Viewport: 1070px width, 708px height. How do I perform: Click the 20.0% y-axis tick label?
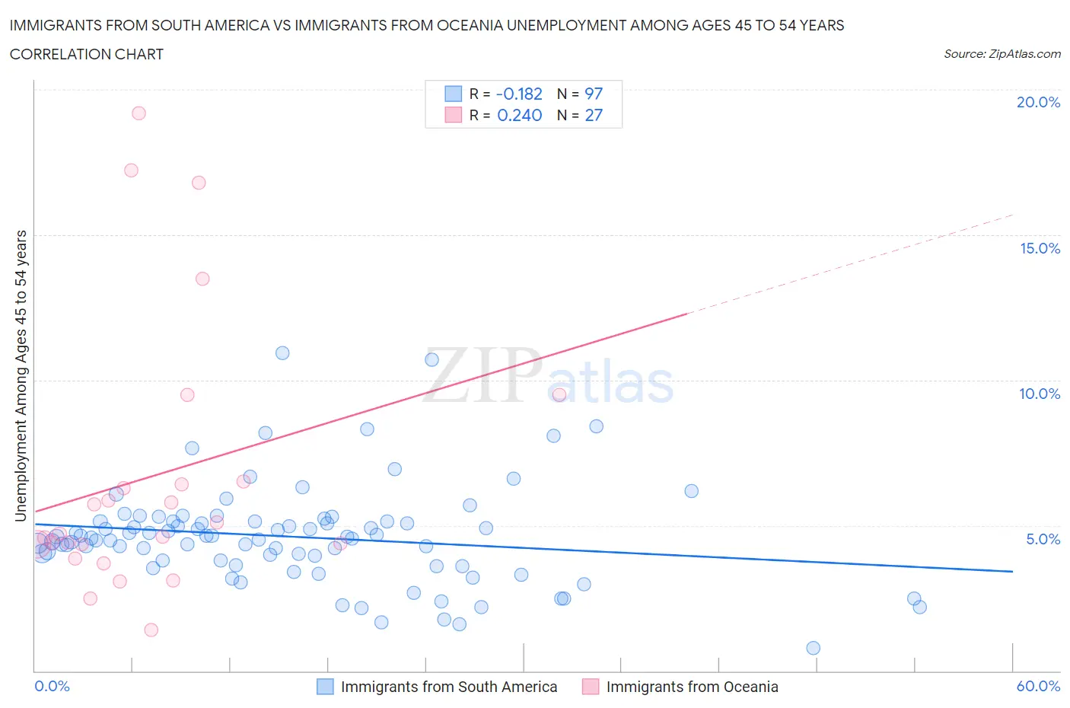(1038, 102)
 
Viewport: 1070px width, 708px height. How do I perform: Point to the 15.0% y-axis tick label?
(1040, 248)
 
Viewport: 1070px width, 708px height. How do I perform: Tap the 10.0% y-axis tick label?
(1040, 394)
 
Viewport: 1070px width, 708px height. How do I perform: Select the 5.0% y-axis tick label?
(1043, 539)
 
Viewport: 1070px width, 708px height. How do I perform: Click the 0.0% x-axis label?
(52, 686)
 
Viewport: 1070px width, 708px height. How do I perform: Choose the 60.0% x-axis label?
(1038, 686)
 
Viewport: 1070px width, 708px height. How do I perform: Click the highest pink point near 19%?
(139, 113)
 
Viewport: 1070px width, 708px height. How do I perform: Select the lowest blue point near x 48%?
(813, 648)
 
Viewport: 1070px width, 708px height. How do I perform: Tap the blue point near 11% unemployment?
(282, 352)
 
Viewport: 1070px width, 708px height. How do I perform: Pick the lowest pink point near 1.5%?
(151, 630)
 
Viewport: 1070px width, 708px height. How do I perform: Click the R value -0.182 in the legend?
(519, 94)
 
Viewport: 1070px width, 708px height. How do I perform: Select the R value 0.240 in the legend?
(519, 115)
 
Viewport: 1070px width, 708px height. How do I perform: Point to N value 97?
(594, 94)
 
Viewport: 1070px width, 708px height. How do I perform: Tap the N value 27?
(594, 115)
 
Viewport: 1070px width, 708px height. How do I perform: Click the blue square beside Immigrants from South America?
(325, 687)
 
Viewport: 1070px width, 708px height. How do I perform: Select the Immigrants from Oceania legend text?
(692, 687)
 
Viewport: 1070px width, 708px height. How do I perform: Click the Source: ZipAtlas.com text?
(1002, 54)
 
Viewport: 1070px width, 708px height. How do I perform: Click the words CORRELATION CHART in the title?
(87, 54)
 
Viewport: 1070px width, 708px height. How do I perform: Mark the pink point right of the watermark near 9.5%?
(559, 394)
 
